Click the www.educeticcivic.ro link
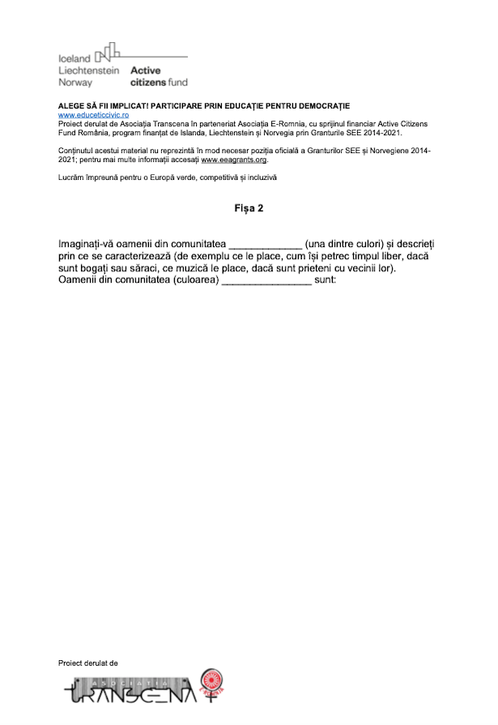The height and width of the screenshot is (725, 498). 88,115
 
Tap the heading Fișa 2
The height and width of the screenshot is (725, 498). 249,209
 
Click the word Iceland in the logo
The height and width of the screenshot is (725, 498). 74,58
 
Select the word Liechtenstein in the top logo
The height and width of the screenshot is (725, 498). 88,70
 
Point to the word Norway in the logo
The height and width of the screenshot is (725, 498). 75,83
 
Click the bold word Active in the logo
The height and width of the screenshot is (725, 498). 146,70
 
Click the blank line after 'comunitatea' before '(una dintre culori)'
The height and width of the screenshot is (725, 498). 265,244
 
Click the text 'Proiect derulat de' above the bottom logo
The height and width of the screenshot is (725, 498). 88,663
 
